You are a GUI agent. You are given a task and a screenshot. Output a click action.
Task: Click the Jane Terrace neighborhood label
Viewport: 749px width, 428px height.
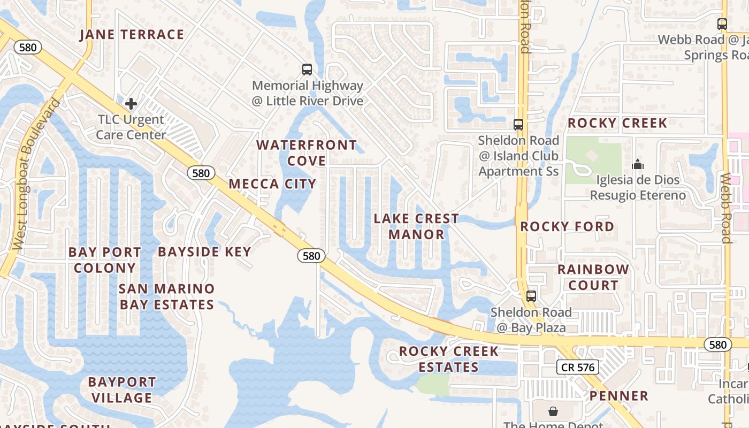pyautogui.click(x=132, y=35)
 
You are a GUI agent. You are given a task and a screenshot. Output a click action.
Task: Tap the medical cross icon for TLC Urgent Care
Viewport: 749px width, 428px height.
pyautogui.click(x=131, y=103)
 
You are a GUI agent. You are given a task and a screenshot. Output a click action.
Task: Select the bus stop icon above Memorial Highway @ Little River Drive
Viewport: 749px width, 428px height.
pyautogui.click(x=307, y=70)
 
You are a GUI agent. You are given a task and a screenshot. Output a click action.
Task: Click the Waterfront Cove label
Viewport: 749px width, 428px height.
pyautogui.click(x=307, y=153)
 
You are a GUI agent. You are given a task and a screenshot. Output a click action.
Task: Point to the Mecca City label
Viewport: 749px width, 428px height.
pyautogui.click(x=272, y=184)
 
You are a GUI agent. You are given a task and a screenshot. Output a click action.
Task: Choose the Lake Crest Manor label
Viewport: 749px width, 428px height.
pyautogui.click(x=416, y=226)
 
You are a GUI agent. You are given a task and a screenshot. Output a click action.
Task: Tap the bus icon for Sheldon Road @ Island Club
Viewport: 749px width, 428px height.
pyautogui.click(x=518, y=125)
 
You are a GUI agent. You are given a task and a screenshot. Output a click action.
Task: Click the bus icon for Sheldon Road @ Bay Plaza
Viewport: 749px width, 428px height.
pyautogui.click(x=531, y=296)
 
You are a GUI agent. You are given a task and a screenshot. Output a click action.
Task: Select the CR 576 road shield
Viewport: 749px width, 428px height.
pyautogui.click(x=577, y=367)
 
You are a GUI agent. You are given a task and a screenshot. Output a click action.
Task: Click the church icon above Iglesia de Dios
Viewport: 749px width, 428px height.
pyautogui.click(x=638, y=164)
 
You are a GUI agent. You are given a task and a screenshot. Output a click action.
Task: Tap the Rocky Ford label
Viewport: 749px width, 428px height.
pyautogui.click(x=567, y=227)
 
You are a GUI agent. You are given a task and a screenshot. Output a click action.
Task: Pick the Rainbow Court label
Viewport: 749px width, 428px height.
pyautogui.click(x=593, y=277)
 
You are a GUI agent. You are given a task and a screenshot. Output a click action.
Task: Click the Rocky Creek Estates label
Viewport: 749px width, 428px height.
pyautogui.click(x=449, y=359)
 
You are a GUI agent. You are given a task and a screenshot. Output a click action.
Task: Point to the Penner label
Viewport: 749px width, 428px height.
pyautogui.click(x=619, y=396)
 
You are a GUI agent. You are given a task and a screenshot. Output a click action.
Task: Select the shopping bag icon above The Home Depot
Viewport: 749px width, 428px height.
pyautogui.click(x=553, y=411)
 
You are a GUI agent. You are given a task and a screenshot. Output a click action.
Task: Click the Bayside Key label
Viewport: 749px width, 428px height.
pyautogui.click(x=204, y=252)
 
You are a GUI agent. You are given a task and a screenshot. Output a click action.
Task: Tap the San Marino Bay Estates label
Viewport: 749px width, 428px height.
pyautogui.click(x=166, y=296)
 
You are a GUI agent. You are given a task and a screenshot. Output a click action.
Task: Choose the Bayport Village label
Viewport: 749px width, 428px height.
pyautogui.click(x=122, y=390)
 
